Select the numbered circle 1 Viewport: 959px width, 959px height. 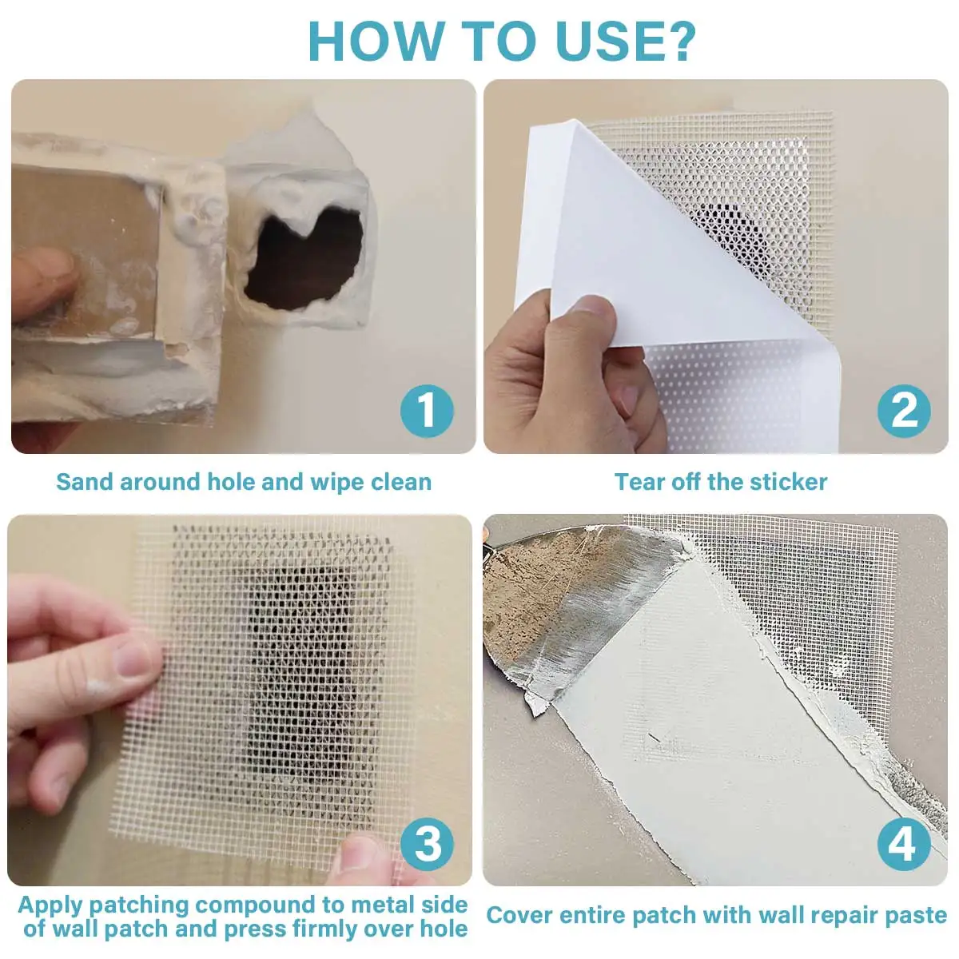pos(427,411)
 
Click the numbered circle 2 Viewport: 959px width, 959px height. pos(904,411)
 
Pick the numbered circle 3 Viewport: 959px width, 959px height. pos(427,844)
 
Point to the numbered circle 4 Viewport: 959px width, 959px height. pos(904,844)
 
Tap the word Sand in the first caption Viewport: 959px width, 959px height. pos(84,482)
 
